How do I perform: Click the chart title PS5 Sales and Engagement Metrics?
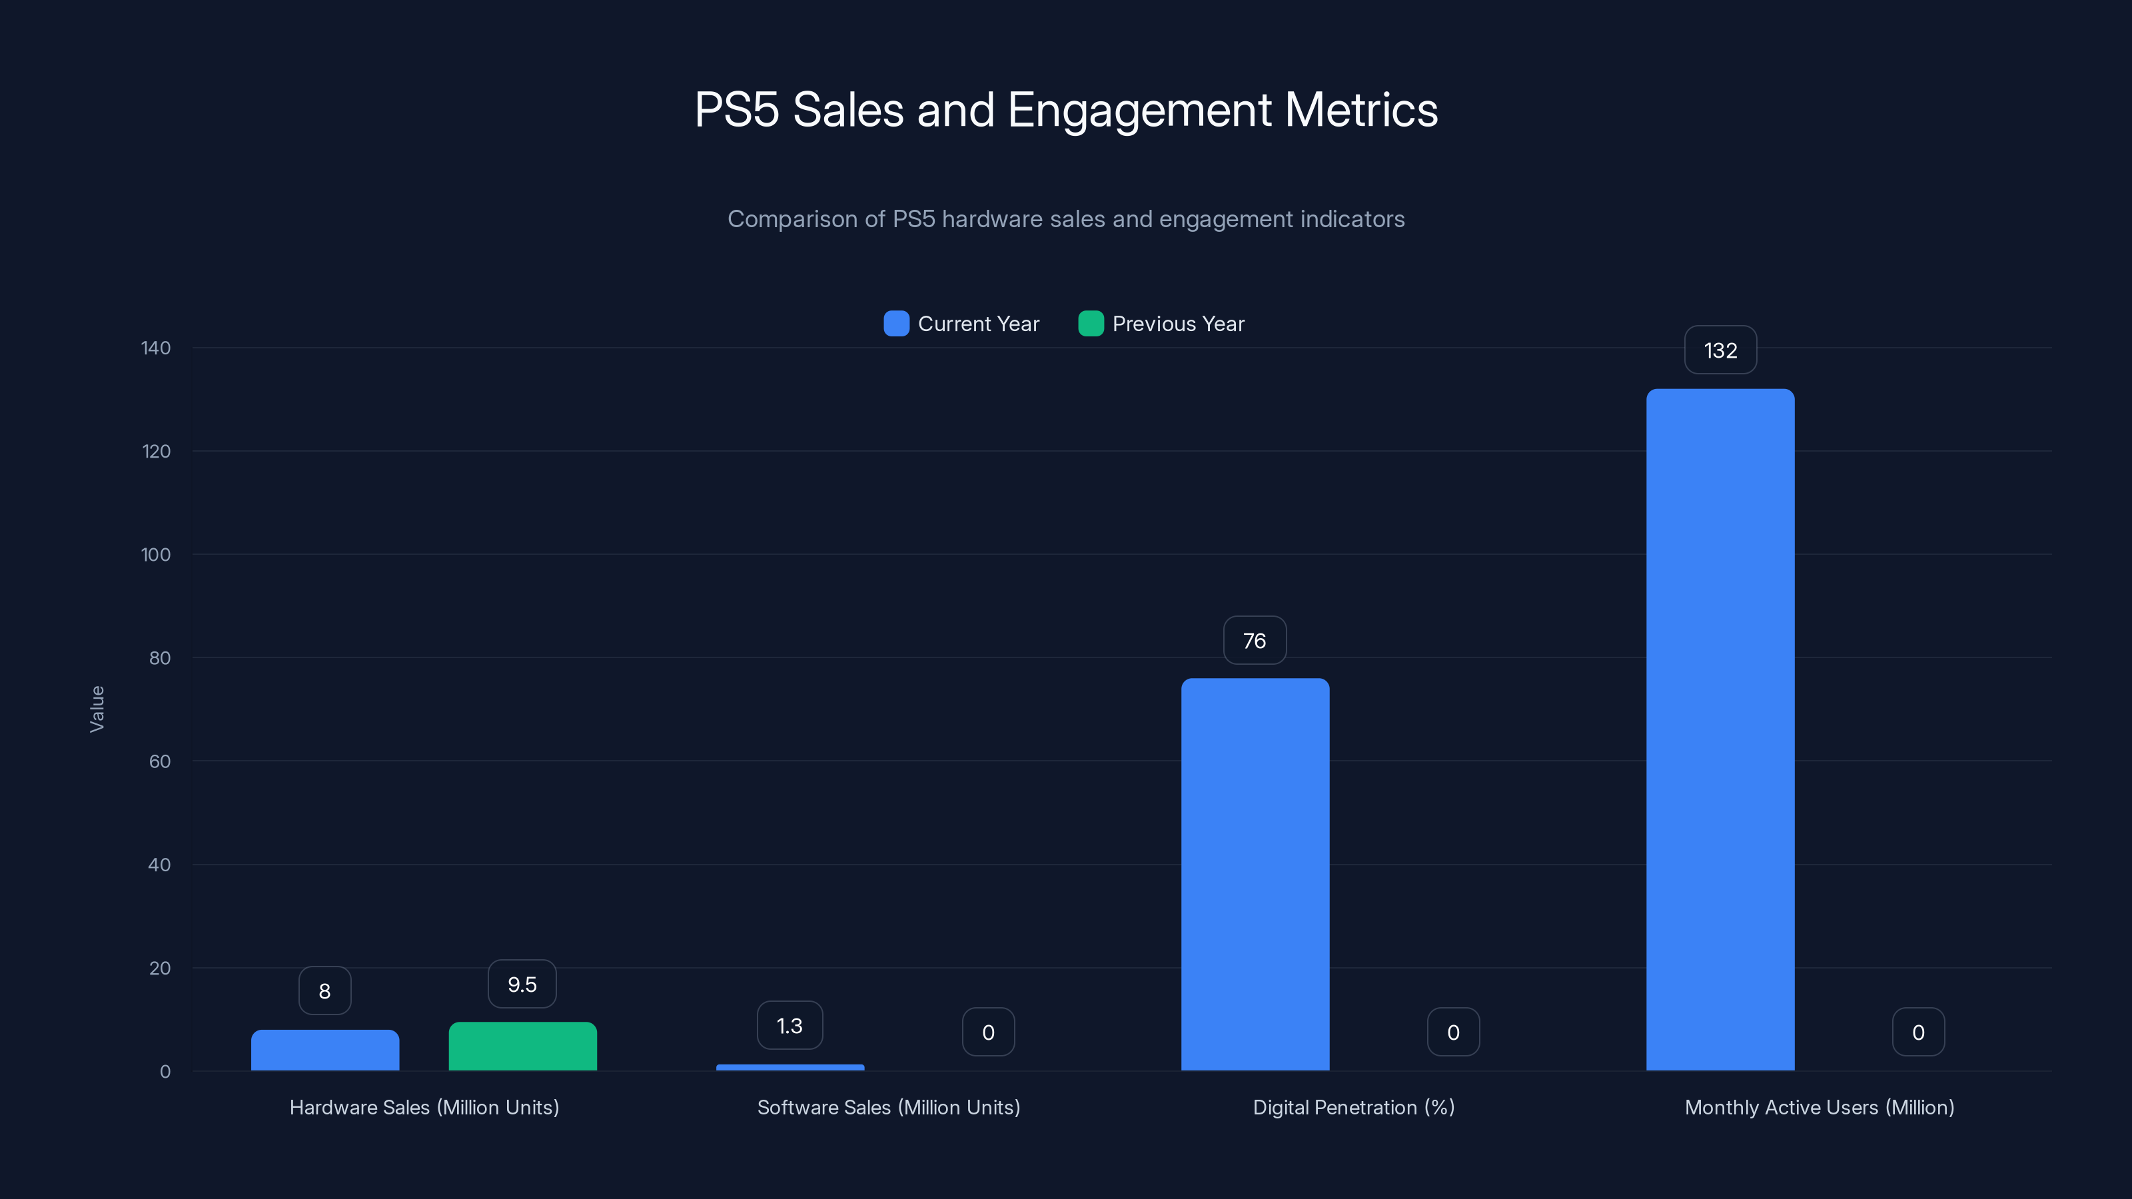(1066, 110)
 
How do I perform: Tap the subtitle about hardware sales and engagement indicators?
(1066, 219)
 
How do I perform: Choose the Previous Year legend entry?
(1161, 324)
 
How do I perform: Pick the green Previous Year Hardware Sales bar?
(522, 1046)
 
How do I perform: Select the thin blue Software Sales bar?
(790, 1067)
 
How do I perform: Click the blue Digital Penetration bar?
(1255, 874)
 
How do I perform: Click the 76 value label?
(1255, 640)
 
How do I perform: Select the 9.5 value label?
(522, 984)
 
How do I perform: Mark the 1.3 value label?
(790, 1025)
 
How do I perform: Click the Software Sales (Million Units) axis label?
(888, 1107)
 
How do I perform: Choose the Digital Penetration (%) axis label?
(1353, 1107)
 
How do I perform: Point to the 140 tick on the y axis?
(156, 348)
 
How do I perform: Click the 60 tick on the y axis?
(160, 761)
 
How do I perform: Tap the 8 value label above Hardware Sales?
(324, 991)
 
